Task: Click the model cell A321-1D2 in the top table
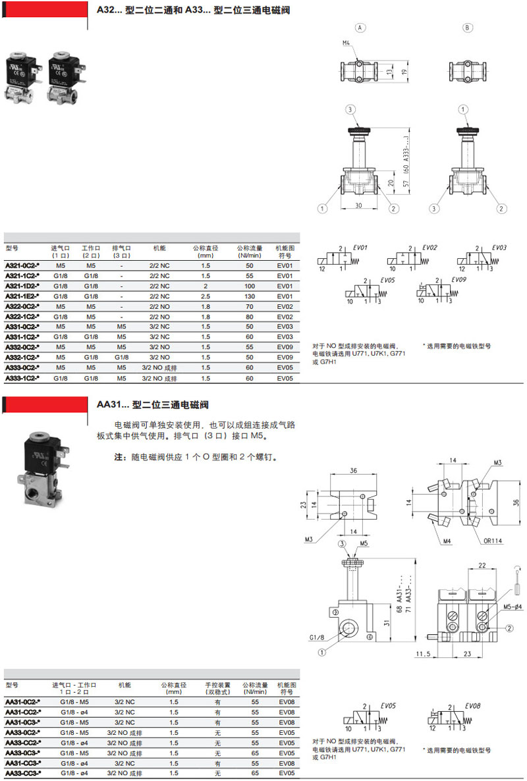click(x=22, y=286)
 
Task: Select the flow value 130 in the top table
click(x=250, y=296)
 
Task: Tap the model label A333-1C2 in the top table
click(x=22, y=378)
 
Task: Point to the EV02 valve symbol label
click(x=430, y=248)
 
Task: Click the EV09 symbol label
click(x=459, y=279)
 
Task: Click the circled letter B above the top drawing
click(x=467, y=28)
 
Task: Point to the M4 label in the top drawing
click(x=347, y=43)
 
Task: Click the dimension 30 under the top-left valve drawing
click(x=358, y=205)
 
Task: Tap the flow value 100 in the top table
click(x=250, y=286)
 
